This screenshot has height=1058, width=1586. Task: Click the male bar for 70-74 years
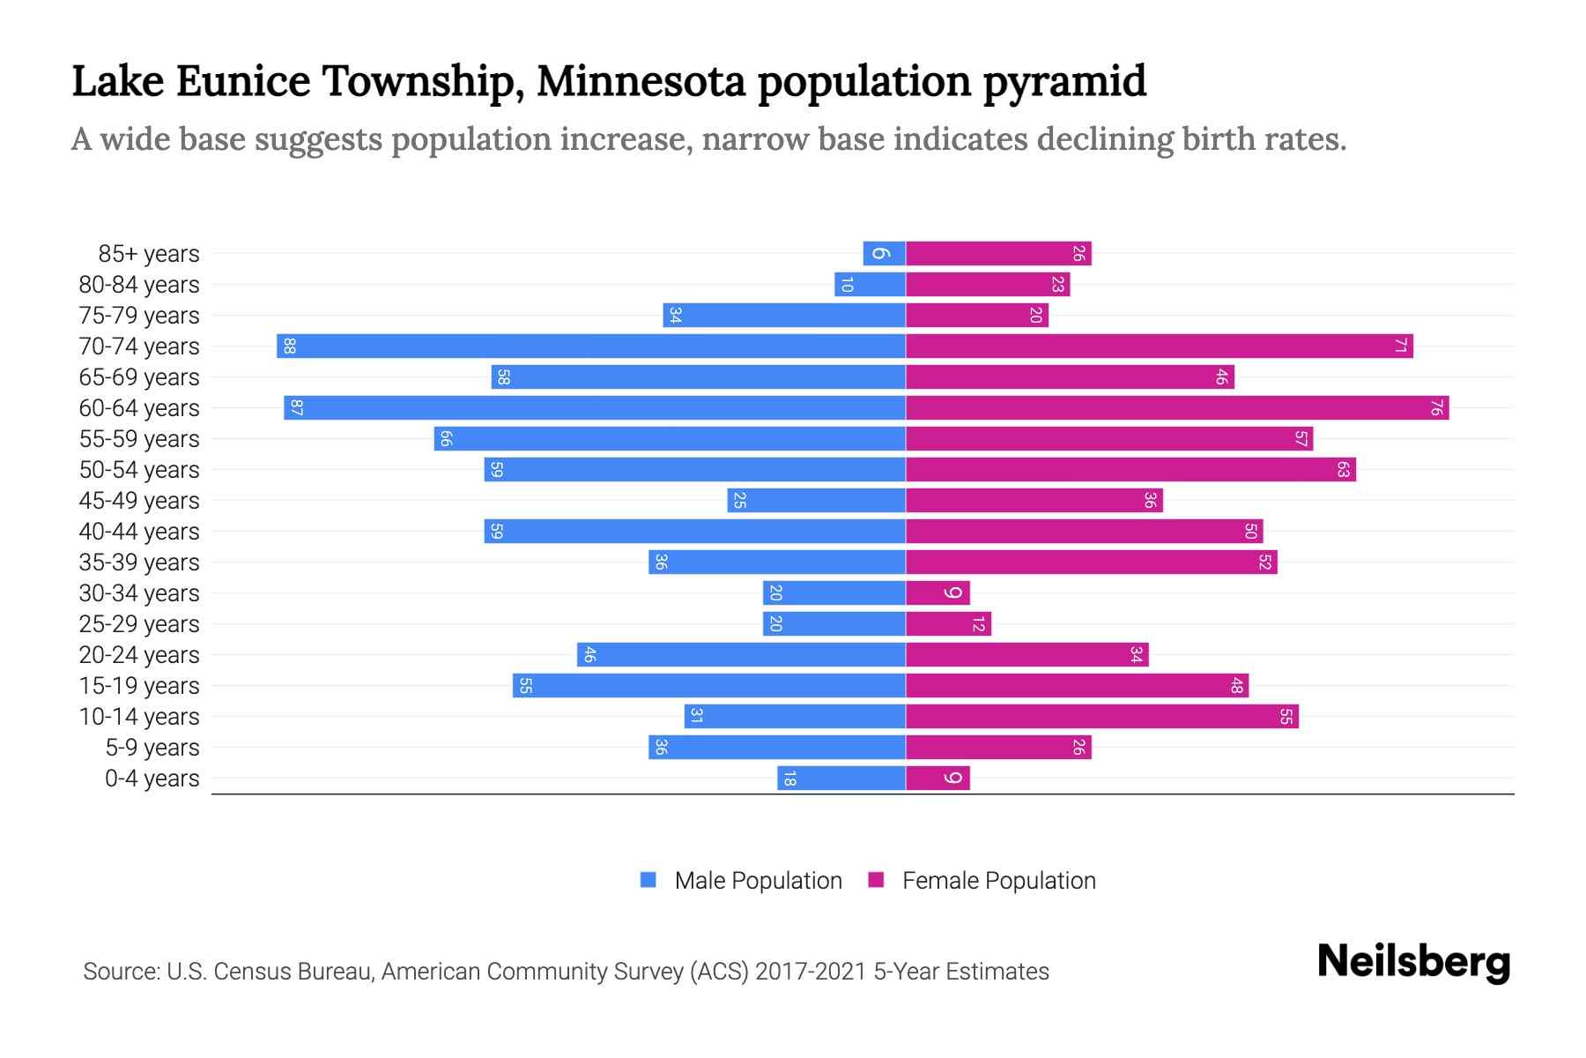590,346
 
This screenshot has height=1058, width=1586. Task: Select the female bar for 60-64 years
1176,407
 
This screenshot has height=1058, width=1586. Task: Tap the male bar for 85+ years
884,253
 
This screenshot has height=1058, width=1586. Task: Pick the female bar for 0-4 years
938,778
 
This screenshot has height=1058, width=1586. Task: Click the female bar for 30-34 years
938,592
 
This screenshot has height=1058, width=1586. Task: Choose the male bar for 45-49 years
816,500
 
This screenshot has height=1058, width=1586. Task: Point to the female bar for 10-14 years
1101,716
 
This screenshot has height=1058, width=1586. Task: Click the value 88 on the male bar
289,346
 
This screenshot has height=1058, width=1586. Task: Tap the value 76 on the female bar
1436,407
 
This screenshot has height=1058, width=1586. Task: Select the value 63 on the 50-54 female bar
1343,469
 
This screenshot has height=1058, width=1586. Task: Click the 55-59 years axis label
139,439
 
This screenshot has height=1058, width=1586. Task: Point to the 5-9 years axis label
152,748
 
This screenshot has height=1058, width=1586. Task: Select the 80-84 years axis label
139,285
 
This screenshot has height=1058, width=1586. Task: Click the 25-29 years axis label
139,624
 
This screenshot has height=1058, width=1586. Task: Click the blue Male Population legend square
648,880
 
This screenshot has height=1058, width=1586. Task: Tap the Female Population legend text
998,880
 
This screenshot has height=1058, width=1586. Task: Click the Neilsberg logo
1413,962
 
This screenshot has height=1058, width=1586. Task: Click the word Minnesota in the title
641,81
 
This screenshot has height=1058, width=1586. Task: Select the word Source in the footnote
120,972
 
